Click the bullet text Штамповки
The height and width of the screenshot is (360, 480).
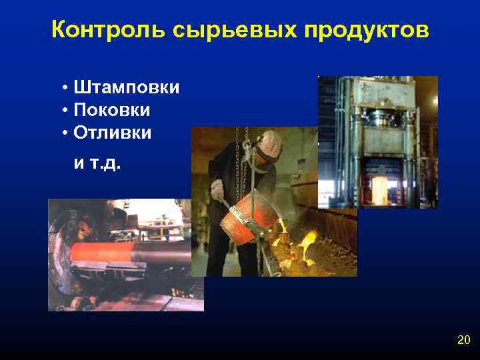[127, 88]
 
